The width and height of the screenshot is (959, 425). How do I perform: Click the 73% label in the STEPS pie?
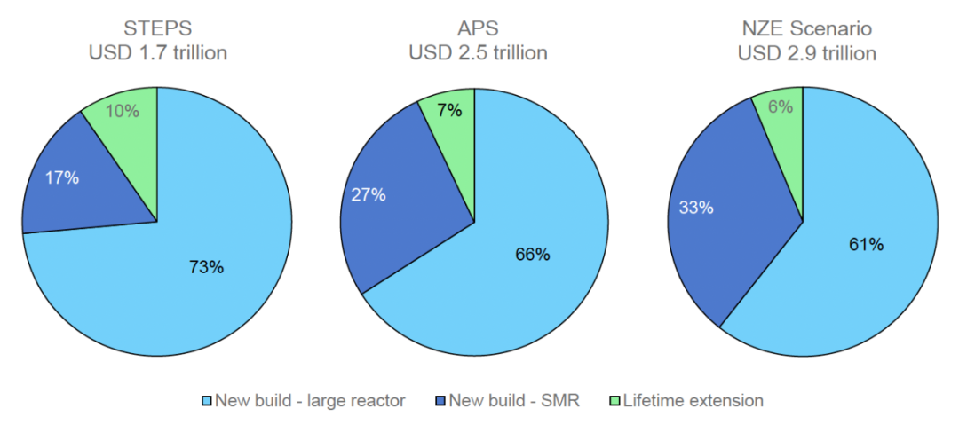206,266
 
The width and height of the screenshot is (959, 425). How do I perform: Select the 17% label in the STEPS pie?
62,177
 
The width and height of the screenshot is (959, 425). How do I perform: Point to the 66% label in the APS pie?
533,255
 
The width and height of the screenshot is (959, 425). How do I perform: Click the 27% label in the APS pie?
368,195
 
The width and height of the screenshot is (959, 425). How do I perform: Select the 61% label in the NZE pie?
866,245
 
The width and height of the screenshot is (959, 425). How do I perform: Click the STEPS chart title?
157,28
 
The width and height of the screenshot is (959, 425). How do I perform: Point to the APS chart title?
478,28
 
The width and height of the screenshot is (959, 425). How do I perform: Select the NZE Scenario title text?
806,28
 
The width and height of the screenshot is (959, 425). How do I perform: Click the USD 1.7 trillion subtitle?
157,53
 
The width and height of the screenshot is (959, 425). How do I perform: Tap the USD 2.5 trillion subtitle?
478,53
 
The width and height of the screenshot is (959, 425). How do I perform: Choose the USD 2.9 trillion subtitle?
806,53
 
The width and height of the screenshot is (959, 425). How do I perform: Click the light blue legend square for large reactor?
207,401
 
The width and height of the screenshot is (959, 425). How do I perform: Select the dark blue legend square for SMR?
440,401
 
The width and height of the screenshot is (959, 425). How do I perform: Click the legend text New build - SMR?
514,401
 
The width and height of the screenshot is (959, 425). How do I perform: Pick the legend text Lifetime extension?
693,401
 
